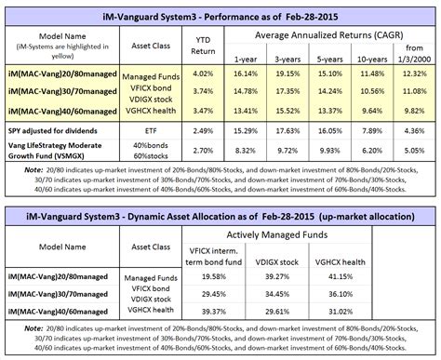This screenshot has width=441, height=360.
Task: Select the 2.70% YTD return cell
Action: tap(189, 150)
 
